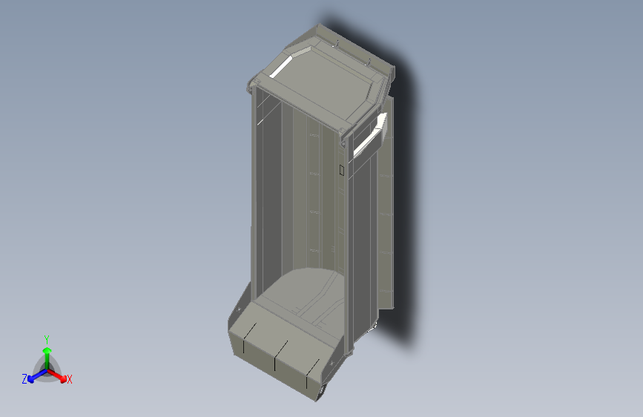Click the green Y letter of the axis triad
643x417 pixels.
pos(47,338)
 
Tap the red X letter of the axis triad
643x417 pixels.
pos(70,380)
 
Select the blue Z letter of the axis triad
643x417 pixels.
pos(24,379)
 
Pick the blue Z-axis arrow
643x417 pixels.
pos(35,375)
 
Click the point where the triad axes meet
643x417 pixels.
pos(47,369)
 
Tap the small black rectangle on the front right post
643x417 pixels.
pos(341,170)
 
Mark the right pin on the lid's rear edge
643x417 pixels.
pos(369,59)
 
